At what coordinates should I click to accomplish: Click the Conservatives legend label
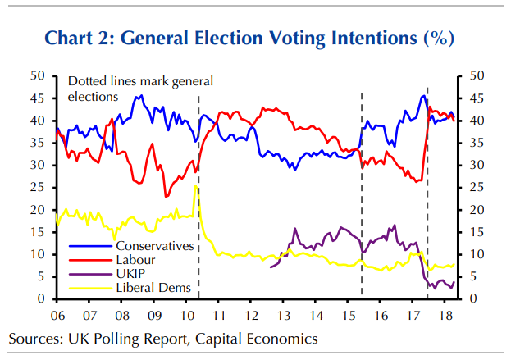pyautogui.click(x=155, y=246)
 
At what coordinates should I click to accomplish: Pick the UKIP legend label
pyautogui.click(x=131, y=274)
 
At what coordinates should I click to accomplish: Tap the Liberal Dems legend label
pyautogui.click(x=153, y=288)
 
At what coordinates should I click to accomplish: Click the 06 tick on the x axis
pyautogui.click(x=57, y=316)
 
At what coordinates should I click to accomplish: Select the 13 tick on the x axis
pyautogui.click(x=283, y=316)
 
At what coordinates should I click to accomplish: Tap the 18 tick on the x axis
pyautogui.click(x=444, y=316)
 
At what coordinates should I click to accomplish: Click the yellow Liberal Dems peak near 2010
pyautogui.click(x=195, y=186)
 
